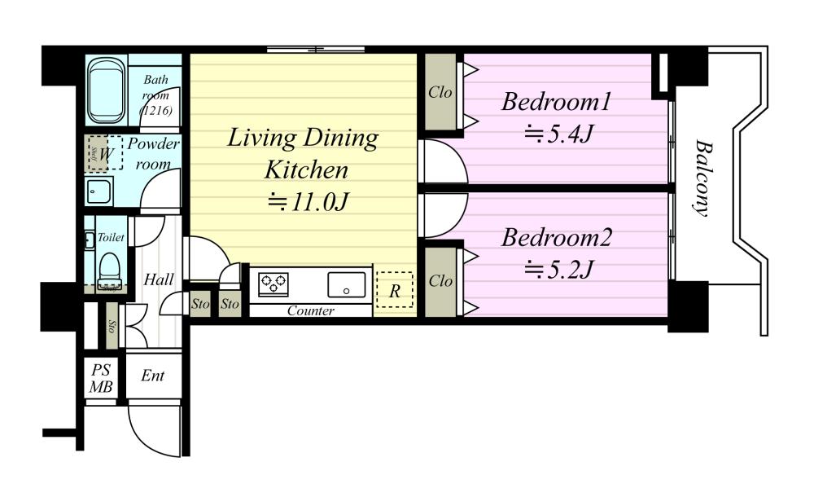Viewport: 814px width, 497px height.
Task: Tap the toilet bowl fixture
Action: pyautogui.click(x=109, y=270)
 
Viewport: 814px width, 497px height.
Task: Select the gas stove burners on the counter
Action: pyautogui.click(x=274, y=284)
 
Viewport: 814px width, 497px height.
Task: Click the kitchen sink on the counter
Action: pyautogui.click(x=346, y=285)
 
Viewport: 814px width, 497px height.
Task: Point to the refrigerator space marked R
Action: pyautogui.click(x=394, y=290)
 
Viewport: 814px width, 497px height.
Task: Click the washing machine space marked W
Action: pyautogui.click(x=105, y=153)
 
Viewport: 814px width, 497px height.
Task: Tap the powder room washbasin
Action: pyautogui.click(x=98, y=191)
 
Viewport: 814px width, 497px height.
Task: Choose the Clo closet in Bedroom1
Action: pyautogui.click(x=440, y=92)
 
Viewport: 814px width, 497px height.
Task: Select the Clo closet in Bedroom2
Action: pyautogui.click(x=440, y=281)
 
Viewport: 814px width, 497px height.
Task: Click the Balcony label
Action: pyautogui.click(x=702, y=178)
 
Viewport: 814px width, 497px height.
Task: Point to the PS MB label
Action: pyautogui.click(x=101, y=378)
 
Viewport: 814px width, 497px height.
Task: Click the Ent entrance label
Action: pyautogui.click(x=153, y=376)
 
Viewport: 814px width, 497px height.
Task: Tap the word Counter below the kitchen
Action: pyautogui.click(x=310, y=310)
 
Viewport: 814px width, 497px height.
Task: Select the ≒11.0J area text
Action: pyautogui.click(x=308, y=201)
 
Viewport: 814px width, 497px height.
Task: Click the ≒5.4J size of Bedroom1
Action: pyautogui.click(x=558, y=134)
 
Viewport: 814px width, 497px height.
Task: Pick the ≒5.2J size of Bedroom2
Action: pyautogui.click(x=558, y=270)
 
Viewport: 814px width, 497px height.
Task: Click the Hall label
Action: pyautogui.click(x=159, y=279)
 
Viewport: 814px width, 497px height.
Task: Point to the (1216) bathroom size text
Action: pyautogui.click(x=155, y=110)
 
